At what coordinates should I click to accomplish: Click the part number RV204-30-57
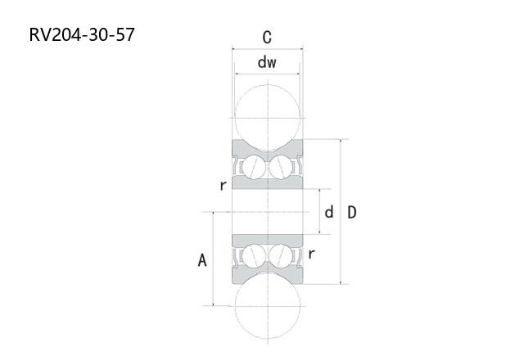click(x=82, y=34)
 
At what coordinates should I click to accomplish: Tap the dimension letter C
click(x=267, y=38)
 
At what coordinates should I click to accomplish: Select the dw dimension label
click(x=267, y=62)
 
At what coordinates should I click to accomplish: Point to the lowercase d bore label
click(x=329, y=212)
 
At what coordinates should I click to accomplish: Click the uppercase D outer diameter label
click(x=352, y=213)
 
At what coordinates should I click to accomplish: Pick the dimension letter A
click(x=202, y=260)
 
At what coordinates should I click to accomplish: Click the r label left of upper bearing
click(x=224, y=185)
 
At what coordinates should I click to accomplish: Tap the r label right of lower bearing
click(x=311, y=254)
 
